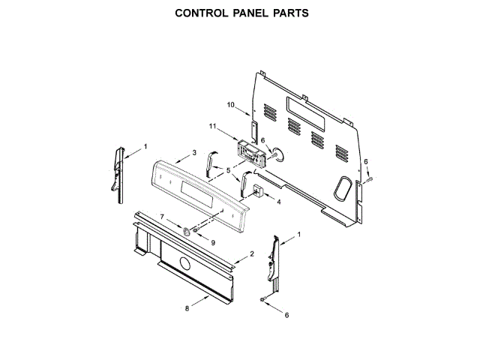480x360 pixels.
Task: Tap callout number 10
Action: pos(231,103)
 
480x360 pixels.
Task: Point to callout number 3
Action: pos(194,152)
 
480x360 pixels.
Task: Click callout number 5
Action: pos(228,172)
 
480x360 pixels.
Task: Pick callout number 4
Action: pos(279,202)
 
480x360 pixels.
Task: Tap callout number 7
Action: pos(161,217)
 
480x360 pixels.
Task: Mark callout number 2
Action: pos(252,253)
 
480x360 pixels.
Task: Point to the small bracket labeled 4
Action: pos(257,190)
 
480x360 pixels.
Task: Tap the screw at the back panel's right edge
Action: pos(370,179)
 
